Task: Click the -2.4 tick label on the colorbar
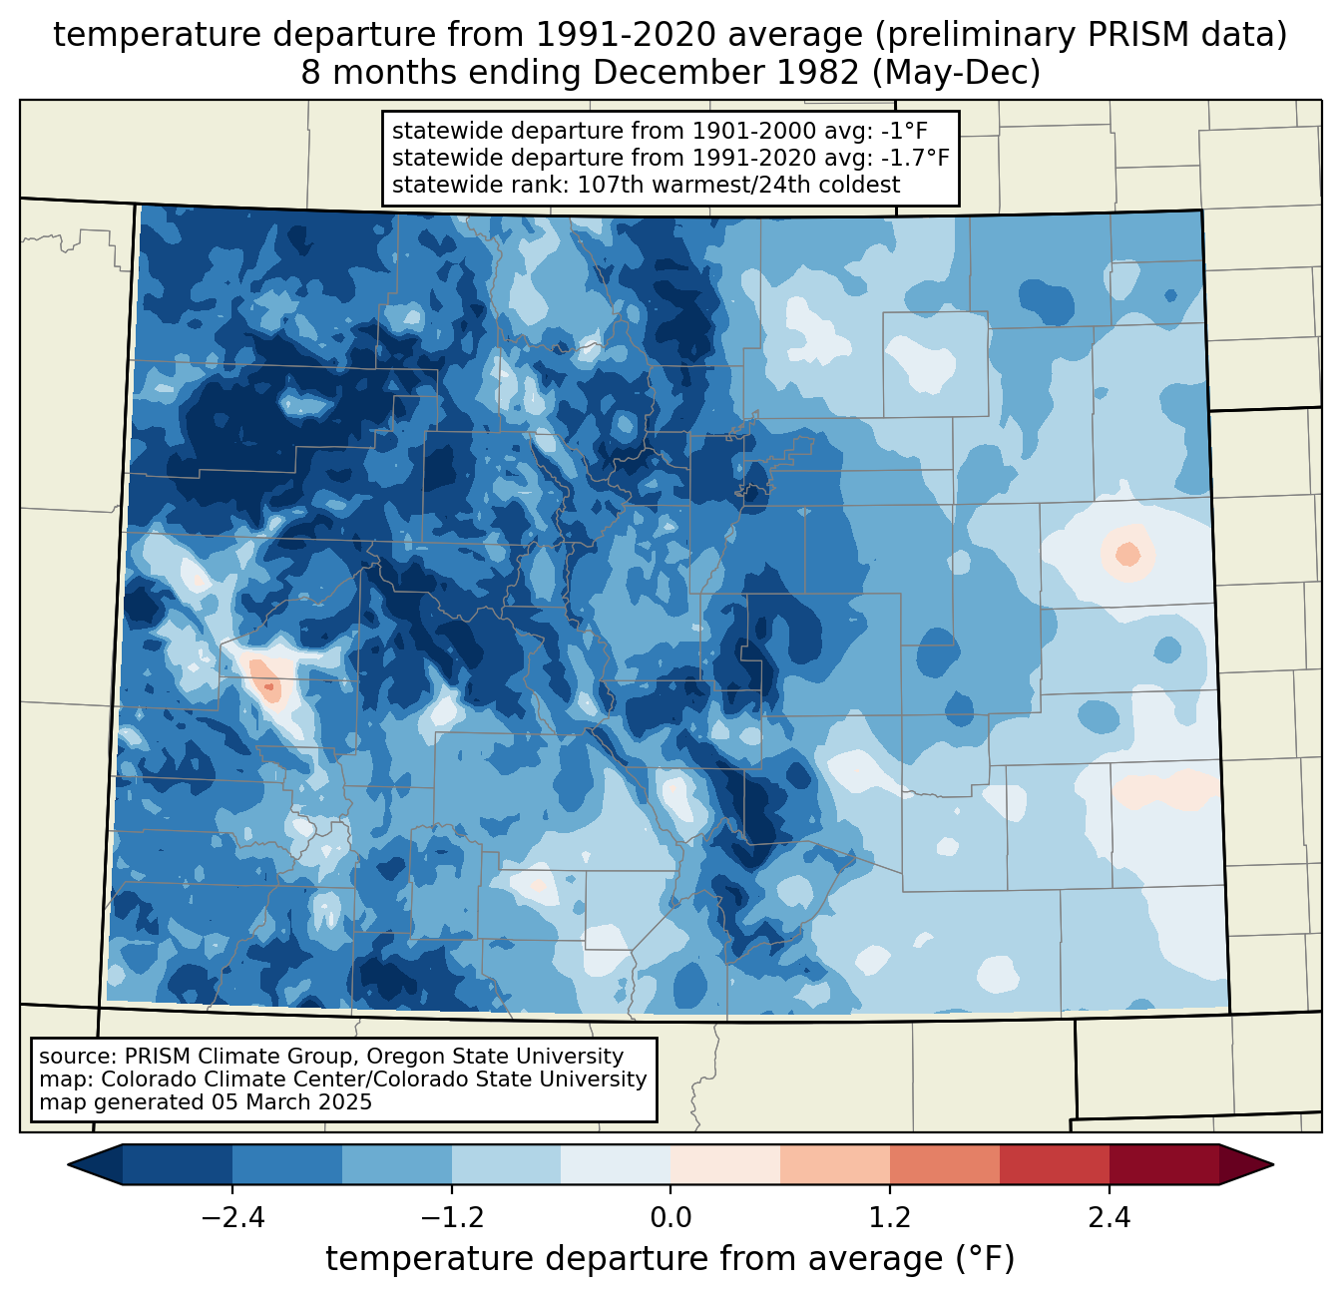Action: pos(232,1218)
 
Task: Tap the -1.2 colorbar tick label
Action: pos(452,1218)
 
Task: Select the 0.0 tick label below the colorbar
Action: pos(670,1218)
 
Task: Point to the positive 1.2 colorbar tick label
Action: pos(890,1218)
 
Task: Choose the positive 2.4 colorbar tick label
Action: pos(1109,1218)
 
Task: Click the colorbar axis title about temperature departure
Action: pos(670,1259)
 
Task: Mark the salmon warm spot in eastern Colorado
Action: pos(1126,552)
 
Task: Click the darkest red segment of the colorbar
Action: pos(1163,1164)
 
